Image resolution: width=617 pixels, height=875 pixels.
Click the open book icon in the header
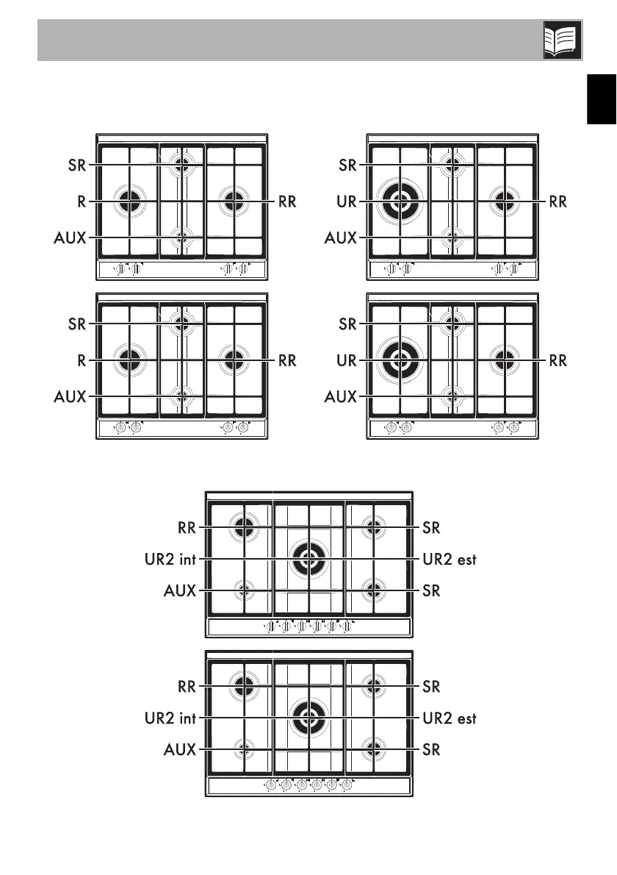click(563, 40)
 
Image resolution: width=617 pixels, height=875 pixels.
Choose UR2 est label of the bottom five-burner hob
click(450, 718)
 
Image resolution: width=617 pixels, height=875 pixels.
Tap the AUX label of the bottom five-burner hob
click(179, 750)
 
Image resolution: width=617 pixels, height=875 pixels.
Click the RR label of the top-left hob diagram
click(287, 201)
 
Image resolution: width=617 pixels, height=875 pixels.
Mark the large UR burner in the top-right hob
click(399, 201)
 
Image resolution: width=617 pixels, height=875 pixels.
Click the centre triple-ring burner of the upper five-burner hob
click(309, 560)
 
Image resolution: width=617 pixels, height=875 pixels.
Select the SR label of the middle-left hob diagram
click(77, 324)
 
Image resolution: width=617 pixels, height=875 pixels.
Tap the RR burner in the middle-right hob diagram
click(503, 360)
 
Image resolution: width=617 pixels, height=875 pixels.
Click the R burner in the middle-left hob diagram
click(129, 360)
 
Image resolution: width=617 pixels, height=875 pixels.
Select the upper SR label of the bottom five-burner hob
click(432, 687)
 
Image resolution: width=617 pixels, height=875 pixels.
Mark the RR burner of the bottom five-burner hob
click(244, 686)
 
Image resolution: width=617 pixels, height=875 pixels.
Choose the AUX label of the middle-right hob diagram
click(341, 397)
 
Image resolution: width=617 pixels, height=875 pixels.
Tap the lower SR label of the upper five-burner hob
click(432, 590)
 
